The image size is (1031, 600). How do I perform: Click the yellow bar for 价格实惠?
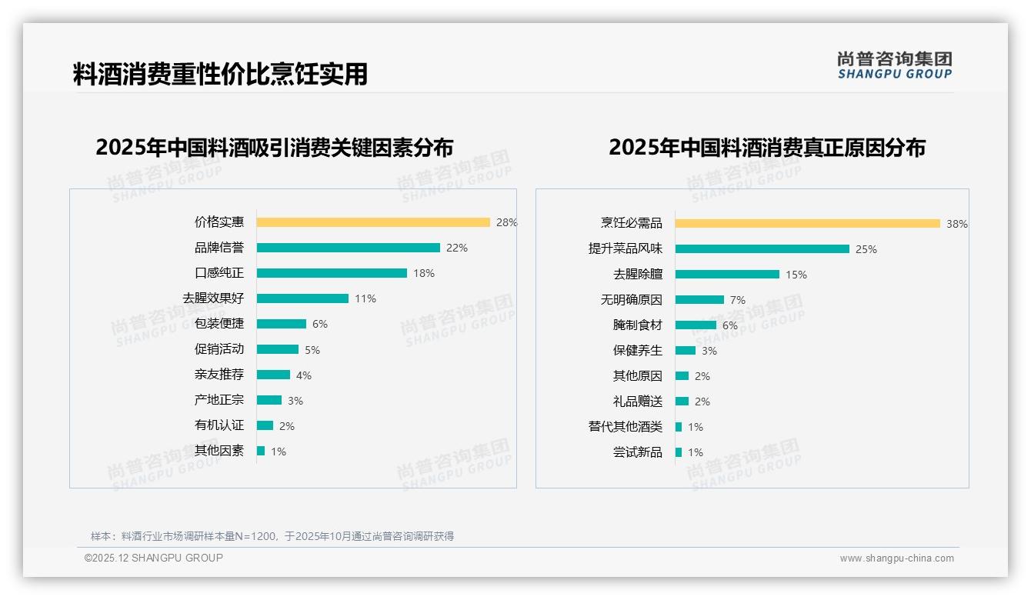[x=373, y=222]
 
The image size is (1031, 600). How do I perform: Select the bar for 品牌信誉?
[x=348, y=248]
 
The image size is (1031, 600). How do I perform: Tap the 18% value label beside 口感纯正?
[x=424, y=273]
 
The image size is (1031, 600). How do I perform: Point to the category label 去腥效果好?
[x=213, y=298]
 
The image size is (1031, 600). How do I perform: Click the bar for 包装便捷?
[x=282, y=324]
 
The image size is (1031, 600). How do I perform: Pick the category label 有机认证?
[x=219, y=425]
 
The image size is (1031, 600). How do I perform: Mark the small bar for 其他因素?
[x=261, y=451]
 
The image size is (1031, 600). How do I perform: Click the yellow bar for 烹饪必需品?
[x=807, y=224]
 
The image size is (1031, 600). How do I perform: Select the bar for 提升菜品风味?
[x=762, y=249]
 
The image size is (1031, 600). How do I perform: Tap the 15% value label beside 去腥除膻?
[x=796, y=275]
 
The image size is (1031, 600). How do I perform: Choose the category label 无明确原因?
[x=632, y=300]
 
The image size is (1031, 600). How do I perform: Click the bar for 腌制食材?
[x=696, y=325]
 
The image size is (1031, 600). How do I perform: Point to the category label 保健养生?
[x=638, y=351]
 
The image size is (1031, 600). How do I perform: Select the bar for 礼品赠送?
[x=682, y=402]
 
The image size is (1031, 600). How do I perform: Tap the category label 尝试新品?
[x=638, y=452]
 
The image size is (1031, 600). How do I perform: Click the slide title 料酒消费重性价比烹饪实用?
[x=220, y=74]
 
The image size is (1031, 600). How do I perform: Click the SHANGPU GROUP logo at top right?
[x=895, y=65]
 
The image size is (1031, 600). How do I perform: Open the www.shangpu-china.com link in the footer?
[x=896, y=558]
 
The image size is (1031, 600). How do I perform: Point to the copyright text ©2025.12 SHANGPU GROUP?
[x=154, y=558]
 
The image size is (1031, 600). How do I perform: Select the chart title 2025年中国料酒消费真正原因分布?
[x=767, y=147]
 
